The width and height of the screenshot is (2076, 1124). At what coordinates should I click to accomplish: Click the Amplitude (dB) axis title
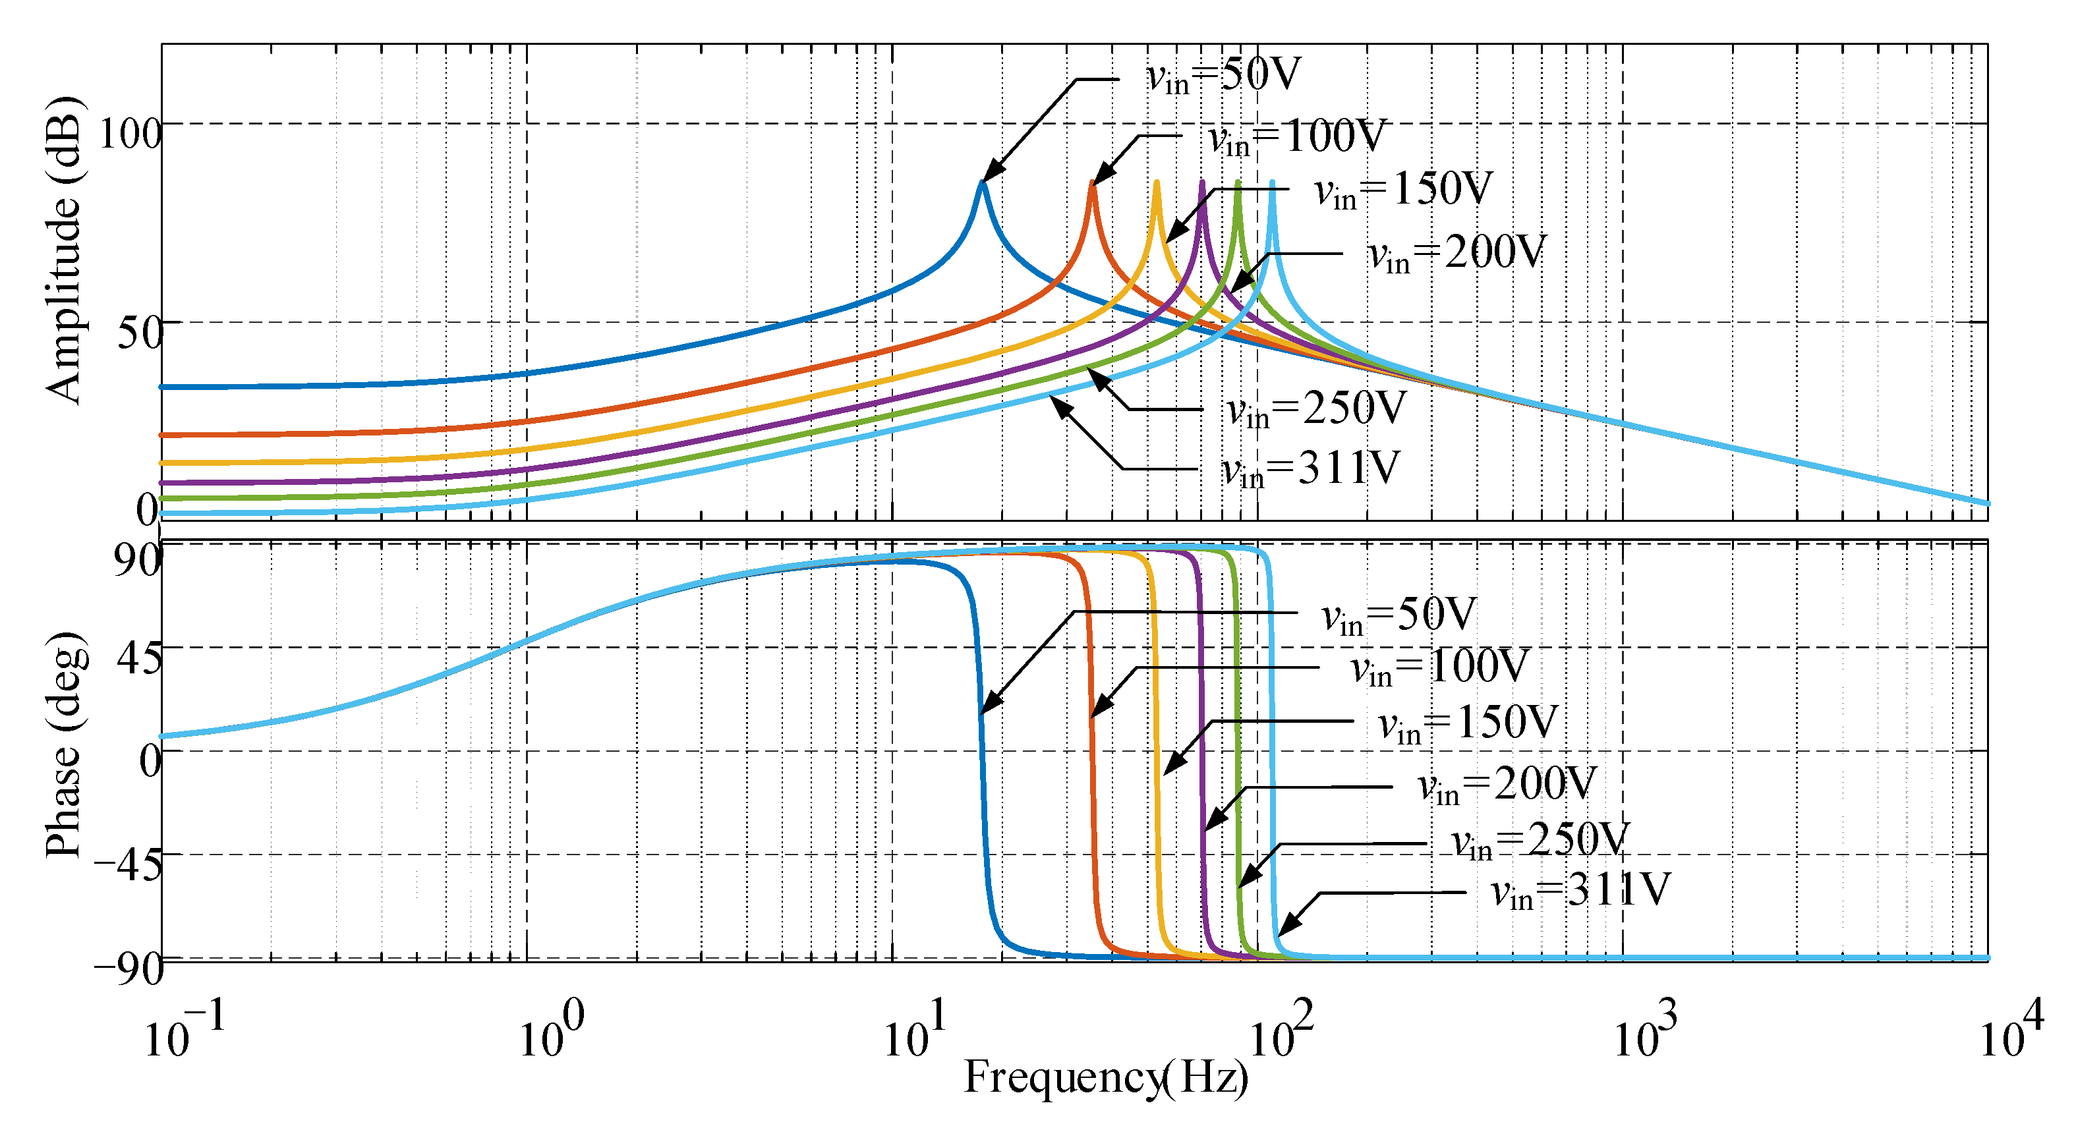point(63,250)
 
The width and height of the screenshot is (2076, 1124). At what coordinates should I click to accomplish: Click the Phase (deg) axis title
point(63,745)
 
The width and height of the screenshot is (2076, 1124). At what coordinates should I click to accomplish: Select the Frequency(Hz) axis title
point(1106,1078)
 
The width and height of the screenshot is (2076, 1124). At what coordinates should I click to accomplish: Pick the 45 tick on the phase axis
point(138,658)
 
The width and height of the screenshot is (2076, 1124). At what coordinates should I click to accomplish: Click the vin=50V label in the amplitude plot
point(1223,76)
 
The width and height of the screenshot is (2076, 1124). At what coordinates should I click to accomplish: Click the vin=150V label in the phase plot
point(1468,723)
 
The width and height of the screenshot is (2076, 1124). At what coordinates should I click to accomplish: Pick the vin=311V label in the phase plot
point(1580,891)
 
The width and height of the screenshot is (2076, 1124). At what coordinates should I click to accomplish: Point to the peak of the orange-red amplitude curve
point(1093,183)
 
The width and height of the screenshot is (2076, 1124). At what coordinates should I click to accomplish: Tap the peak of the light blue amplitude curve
point(1273,183)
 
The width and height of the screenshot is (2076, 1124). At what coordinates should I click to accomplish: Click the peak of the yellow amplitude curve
point(1157,183)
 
